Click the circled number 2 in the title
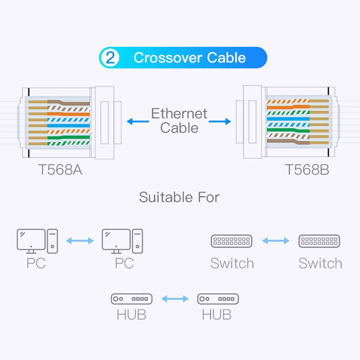point(110,58)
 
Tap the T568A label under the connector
point(60,170)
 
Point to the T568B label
point(307,170)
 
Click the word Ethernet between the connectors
point(179,113)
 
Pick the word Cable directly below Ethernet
point(179,128)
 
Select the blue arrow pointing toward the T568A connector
point(137,121)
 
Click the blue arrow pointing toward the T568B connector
point(220,121)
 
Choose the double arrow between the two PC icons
point(80,241)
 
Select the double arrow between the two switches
point(275,241)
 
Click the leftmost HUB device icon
point(131,299)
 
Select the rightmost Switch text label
point(320,263)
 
